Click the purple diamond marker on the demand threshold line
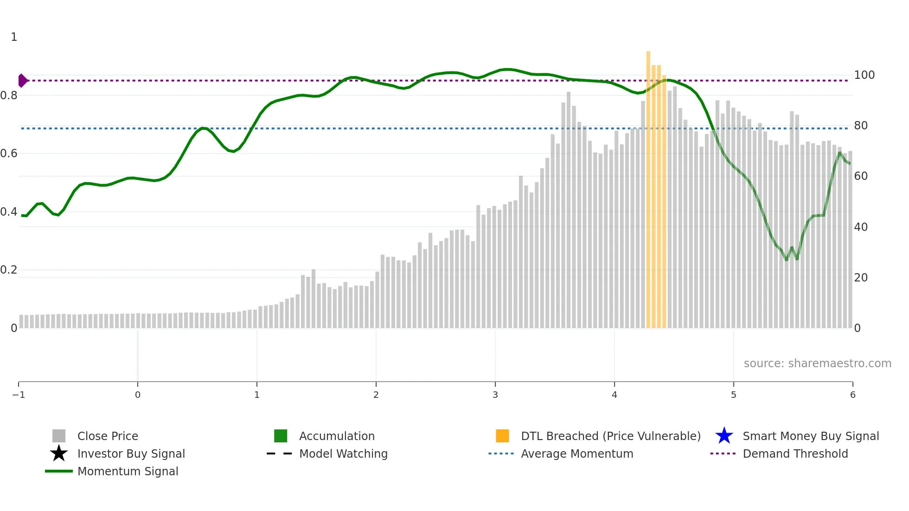pyautogui.click(x=22, y=81)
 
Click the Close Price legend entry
pyautogui.click(x=108, y=436)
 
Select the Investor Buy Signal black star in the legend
pyautogui.click(x=59, y=454)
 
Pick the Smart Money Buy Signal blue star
pyautogui.click(x=724, y=436)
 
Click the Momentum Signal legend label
pyautogui.click(x=128, y=471)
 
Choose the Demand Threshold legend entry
pyautogui.click(x=795, y=454)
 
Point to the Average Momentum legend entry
pyautogui.click(x=576, y=454)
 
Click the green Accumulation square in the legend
pyautogui.click(x=281, y=436)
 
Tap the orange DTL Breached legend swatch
pyautogui.click(x=502, y=436)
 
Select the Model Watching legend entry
pyautogui.click(x=343, y=454)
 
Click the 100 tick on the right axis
pyautogui.click(x=864, y=75)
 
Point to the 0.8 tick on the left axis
pyautogui.click(x=9, y=96)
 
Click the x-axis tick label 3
pyautogui.click(x=495, y=395)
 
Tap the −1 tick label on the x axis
pyautogui.click(x=19, y=395)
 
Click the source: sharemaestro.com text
pyautogui.click(x=817, y=364)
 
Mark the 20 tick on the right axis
pyautogui.click(x=861, y=278)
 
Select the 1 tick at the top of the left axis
pyautogui.click(x=14, y=37)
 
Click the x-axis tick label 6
pyautogui.click(x=852, y=395)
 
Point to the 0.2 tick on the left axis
pyautogui.click(x=9, y=270)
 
